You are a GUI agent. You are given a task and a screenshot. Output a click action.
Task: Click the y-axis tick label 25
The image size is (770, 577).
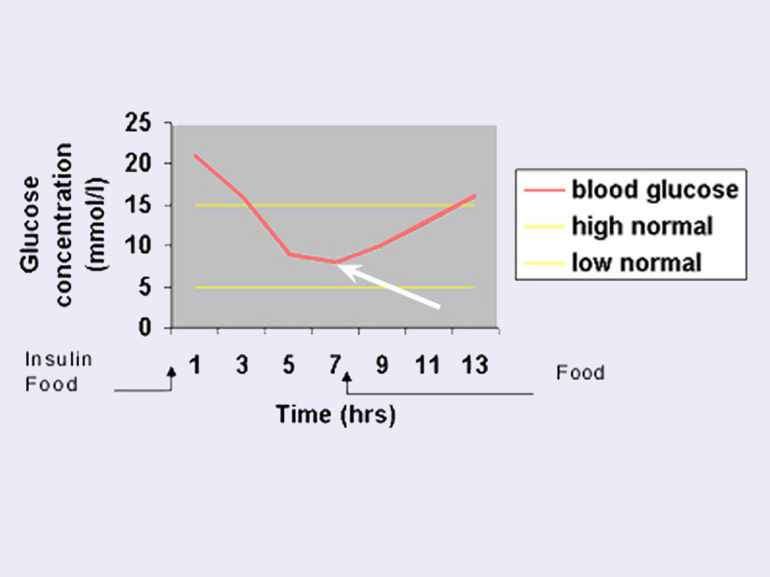tap(140, 123)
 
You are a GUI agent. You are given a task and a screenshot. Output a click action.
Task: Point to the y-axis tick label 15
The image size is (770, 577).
tap(140, 205)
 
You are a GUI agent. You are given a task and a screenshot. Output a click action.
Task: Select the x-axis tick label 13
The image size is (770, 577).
tap(474, 365)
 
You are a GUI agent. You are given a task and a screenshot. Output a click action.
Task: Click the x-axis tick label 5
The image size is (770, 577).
tap(288, 365)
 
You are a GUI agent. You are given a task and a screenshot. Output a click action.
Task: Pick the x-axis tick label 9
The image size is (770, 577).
tap(381, 365)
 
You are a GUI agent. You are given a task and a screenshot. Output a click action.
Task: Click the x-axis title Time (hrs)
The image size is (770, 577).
tap(335, 414)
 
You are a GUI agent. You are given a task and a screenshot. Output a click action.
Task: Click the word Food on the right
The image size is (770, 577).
tap(580, 372)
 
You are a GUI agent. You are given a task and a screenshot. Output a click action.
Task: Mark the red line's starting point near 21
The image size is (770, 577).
tap(195, 156)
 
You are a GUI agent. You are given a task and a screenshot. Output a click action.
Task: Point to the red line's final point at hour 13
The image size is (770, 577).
tap(475, 195)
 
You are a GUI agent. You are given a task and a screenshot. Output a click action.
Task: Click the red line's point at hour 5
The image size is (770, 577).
tap(288, 254)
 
